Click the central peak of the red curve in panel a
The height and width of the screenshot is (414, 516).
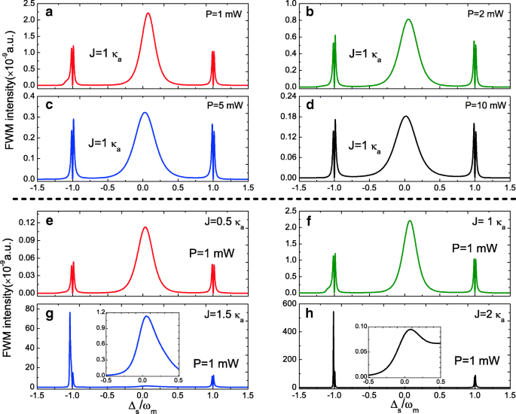point(148,13)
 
